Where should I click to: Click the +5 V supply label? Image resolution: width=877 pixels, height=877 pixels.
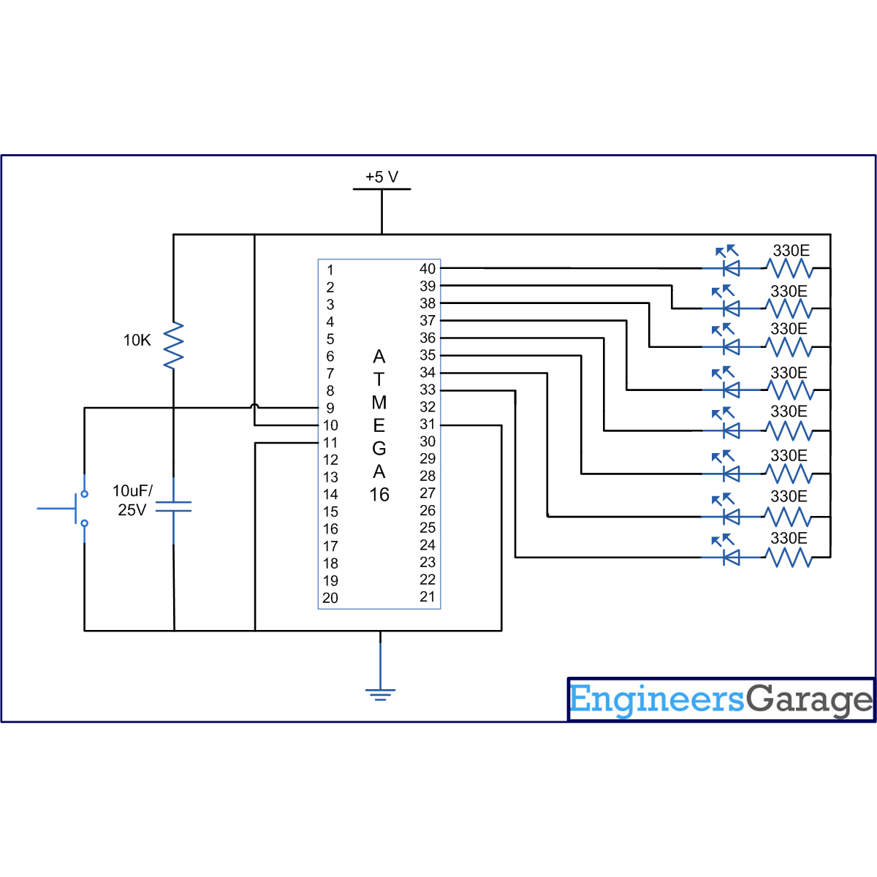[381, 177]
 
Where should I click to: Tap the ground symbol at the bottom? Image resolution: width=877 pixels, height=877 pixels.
[380, 693]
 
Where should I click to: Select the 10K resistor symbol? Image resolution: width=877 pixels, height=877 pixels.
[173, 346]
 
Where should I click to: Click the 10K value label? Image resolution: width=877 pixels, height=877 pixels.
[137, 340]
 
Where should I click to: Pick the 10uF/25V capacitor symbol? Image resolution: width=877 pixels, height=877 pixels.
[173, 506]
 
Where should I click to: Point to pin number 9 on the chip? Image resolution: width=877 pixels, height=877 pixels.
[330, 408]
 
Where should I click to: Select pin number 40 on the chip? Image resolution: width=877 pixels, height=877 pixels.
[428, 268]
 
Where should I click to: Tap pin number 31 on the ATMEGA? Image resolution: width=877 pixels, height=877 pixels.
[428, 424]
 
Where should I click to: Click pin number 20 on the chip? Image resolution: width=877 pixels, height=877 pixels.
[330, 598]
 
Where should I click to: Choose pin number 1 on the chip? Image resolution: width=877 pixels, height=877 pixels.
[330, 270]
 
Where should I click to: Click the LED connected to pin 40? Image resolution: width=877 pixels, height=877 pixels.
[729, 268]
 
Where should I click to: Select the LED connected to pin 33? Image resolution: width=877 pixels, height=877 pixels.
[729, 558]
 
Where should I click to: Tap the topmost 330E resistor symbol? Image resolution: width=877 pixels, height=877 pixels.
[789, 268]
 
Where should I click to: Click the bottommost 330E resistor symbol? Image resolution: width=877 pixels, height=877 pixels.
[789, 558]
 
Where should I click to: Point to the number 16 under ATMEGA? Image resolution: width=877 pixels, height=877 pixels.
[379, 495]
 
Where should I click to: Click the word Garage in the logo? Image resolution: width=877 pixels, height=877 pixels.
[809, 700]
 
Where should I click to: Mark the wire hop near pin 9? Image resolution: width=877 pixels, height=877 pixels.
[254, 406]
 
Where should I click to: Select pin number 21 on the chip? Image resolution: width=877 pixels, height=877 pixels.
[428, 596]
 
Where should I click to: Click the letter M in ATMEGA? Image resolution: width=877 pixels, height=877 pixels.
[379, 403]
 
